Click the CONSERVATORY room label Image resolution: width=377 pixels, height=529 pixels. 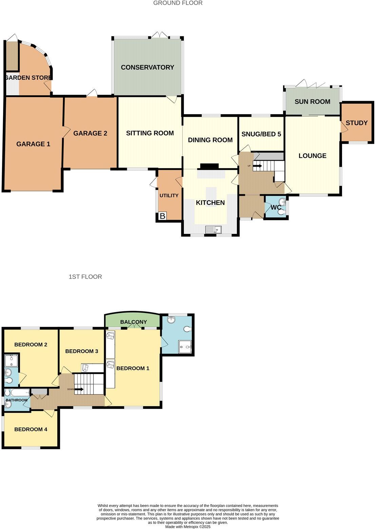pyautogui.click(x=147, y=67)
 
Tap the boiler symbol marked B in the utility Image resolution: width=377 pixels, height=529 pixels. pyautogui.click(x=162, y=216)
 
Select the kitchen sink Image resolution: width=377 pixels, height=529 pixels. pyautogui.click(x=213, y=230)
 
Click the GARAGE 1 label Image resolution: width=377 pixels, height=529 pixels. pyautogui.click(x=33, y=144)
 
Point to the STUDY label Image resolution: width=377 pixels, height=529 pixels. pyautogui.click(x=357, y=123)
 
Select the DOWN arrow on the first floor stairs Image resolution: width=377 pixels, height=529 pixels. pyautogui.click(x=79, y=389)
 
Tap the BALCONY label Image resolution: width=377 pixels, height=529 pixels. pyautogui.click(x=134, y=322)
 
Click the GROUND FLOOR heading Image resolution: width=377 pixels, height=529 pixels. pyautogui.click(x=178, y=3)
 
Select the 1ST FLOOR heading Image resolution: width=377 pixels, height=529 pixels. pyautogui.click(x=85, y=277)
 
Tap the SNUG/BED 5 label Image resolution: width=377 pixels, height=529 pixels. pyautogui.click(x=261, y=134)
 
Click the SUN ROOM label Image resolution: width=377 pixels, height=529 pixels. pyautogui.click(x=312, y=102)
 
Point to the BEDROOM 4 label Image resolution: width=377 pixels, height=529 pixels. pyautogui.click(x=31, y=429)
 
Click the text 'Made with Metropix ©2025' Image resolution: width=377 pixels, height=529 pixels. pyautogui.click(x=188, y=527)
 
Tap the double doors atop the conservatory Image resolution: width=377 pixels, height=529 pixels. pyautogui.click(x=159, y=35)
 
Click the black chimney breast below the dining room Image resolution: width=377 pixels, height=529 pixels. pyautogui.click(x=210, y=166)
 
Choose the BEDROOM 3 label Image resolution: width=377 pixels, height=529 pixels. pyautogui.click(x=82, y=351)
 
